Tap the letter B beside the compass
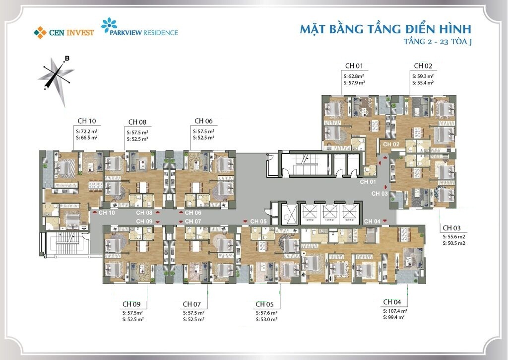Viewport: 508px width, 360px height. [x=67, y=59]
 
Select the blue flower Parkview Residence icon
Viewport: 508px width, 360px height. [x=108, y=25]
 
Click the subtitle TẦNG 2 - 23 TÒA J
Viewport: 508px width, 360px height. [x=438, y=42]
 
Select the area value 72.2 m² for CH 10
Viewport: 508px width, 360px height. [x=87, y=131]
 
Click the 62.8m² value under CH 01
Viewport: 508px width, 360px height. [x=355, y=76]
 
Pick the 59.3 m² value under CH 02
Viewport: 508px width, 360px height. [x=423, y=76]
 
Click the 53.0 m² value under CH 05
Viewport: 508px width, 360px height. [x=267, y=319]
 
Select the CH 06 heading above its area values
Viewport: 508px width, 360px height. [x=203, y=121]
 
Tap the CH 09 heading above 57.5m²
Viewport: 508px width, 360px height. [x=131, y=304]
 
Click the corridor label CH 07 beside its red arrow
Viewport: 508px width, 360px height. [x=193, y=221]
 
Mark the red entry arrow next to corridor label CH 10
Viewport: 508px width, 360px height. [x=94, y=213]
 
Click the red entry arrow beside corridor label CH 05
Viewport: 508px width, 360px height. [x=245, y=221]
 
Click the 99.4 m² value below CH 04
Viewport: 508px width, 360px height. [x=395, y=317]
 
